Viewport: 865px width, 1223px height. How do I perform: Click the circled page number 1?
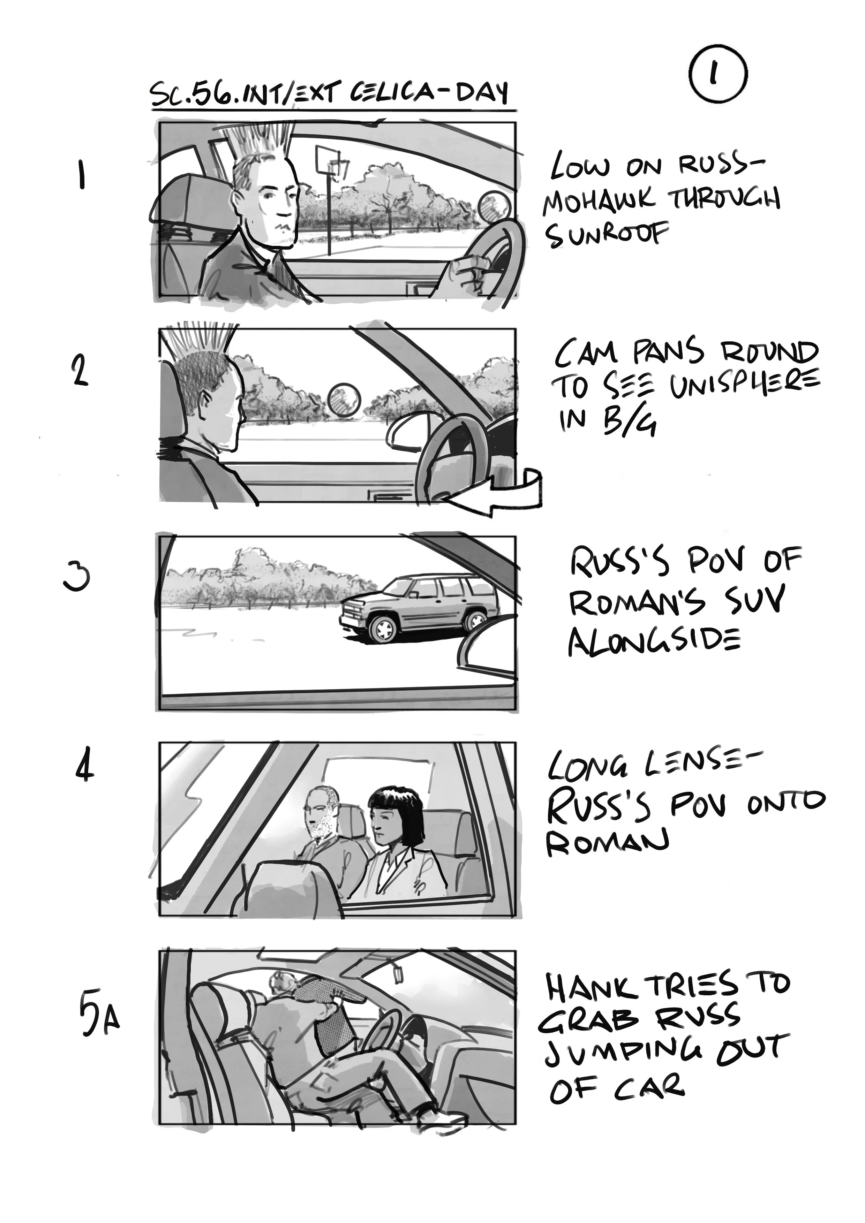717,75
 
